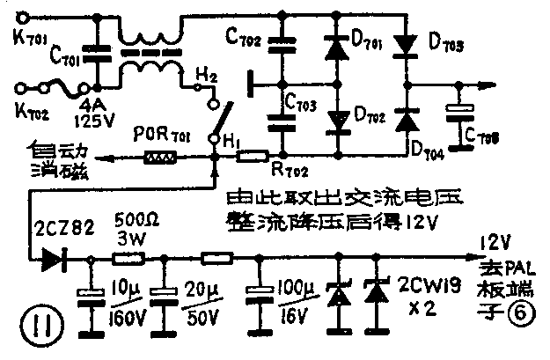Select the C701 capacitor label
click(41, 60)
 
